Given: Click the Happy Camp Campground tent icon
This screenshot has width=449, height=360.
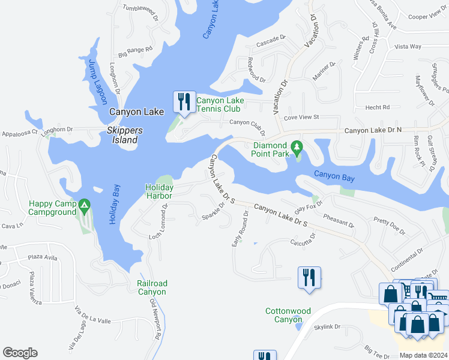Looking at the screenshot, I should click(84, 208).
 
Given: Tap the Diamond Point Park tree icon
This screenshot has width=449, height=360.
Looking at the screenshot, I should click(296, 147).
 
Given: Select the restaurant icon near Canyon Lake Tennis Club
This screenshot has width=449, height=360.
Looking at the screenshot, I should click(184, 101).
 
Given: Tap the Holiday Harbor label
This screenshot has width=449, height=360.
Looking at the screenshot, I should click(159, 192).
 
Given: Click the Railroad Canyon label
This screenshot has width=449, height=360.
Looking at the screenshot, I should click(152, 287).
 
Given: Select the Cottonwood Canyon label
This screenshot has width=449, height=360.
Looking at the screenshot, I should click(289, 315).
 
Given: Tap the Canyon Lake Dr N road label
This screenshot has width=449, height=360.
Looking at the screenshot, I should click(373, 130).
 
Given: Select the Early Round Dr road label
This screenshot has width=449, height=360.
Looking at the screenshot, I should click(240, 229).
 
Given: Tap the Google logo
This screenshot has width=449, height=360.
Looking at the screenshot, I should click(20, 353).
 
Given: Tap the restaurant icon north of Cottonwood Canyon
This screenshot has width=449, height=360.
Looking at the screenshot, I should click(309, 277).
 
